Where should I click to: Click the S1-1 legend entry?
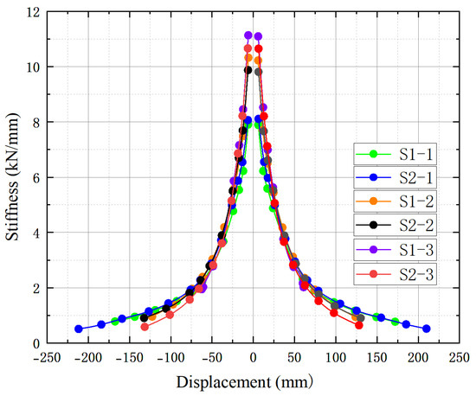[395, 154]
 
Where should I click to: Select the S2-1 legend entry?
[395, 178]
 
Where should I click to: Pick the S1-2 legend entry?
[395, 201]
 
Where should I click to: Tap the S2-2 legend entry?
[395, 225]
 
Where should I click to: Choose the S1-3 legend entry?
[395, 250]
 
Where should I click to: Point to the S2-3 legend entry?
[395, 274]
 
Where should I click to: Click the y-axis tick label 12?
[33, 12]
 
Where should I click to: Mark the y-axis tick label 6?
[36, 178]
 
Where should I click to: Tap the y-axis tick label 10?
[33, 67]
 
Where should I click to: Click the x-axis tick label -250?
[47, 358]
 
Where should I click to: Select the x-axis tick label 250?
[460, 358]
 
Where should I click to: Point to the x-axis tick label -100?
[170, 358]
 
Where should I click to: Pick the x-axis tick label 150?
[376, 358]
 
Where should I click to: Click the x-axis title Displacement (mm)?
[244, 382]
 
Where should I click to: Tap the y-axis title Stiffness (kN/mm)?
[12, 177]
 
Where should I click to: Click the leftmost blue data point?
[79, 329]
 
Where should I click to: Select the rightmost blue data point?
[426, 329]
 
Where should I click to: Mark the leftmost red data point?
[145, 327]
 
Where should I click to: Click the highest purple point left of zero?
[248, 35]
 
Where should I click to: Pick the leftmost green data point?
[114, 321]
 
